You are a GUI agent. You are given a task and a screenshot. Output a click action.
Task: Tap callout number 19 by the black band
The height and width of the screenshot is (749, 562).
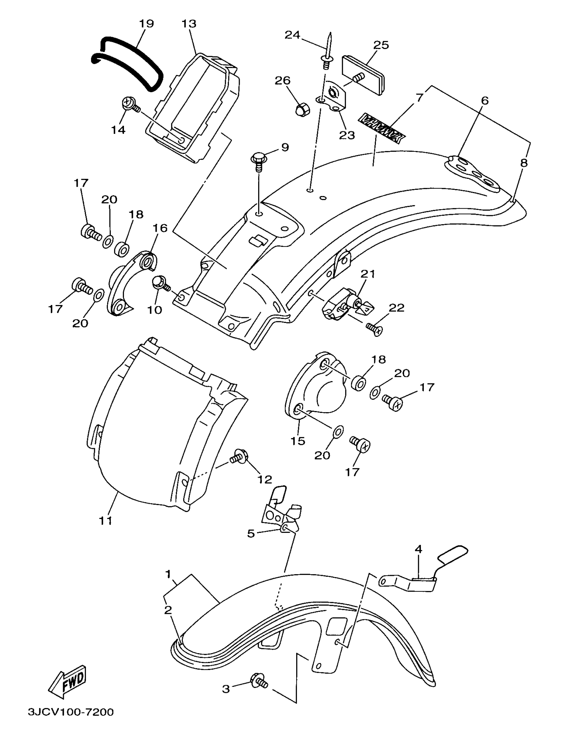pos(146,23)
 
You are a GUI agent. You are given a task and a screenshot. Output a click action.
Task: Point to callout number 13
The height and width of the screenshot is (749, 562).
pos(189,23)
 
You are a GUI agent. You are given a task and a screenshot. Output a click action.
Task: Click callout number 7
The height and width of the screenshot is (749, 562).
pos(420,98)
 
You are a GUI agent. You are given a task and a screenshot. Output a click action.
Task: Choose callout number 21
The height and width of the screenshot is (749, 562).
pos(368,274)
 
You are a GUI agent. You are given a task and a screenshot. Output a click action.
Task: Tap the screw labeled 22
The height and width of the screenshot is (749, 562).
pos(375,328)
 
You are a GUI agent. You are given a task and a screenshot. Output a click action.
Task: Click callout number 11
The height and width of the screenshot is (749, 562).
pos(105,520)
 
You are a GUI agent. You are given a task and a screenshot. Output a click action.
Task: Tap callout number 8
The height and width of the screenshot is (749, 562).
pos(524,163)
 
